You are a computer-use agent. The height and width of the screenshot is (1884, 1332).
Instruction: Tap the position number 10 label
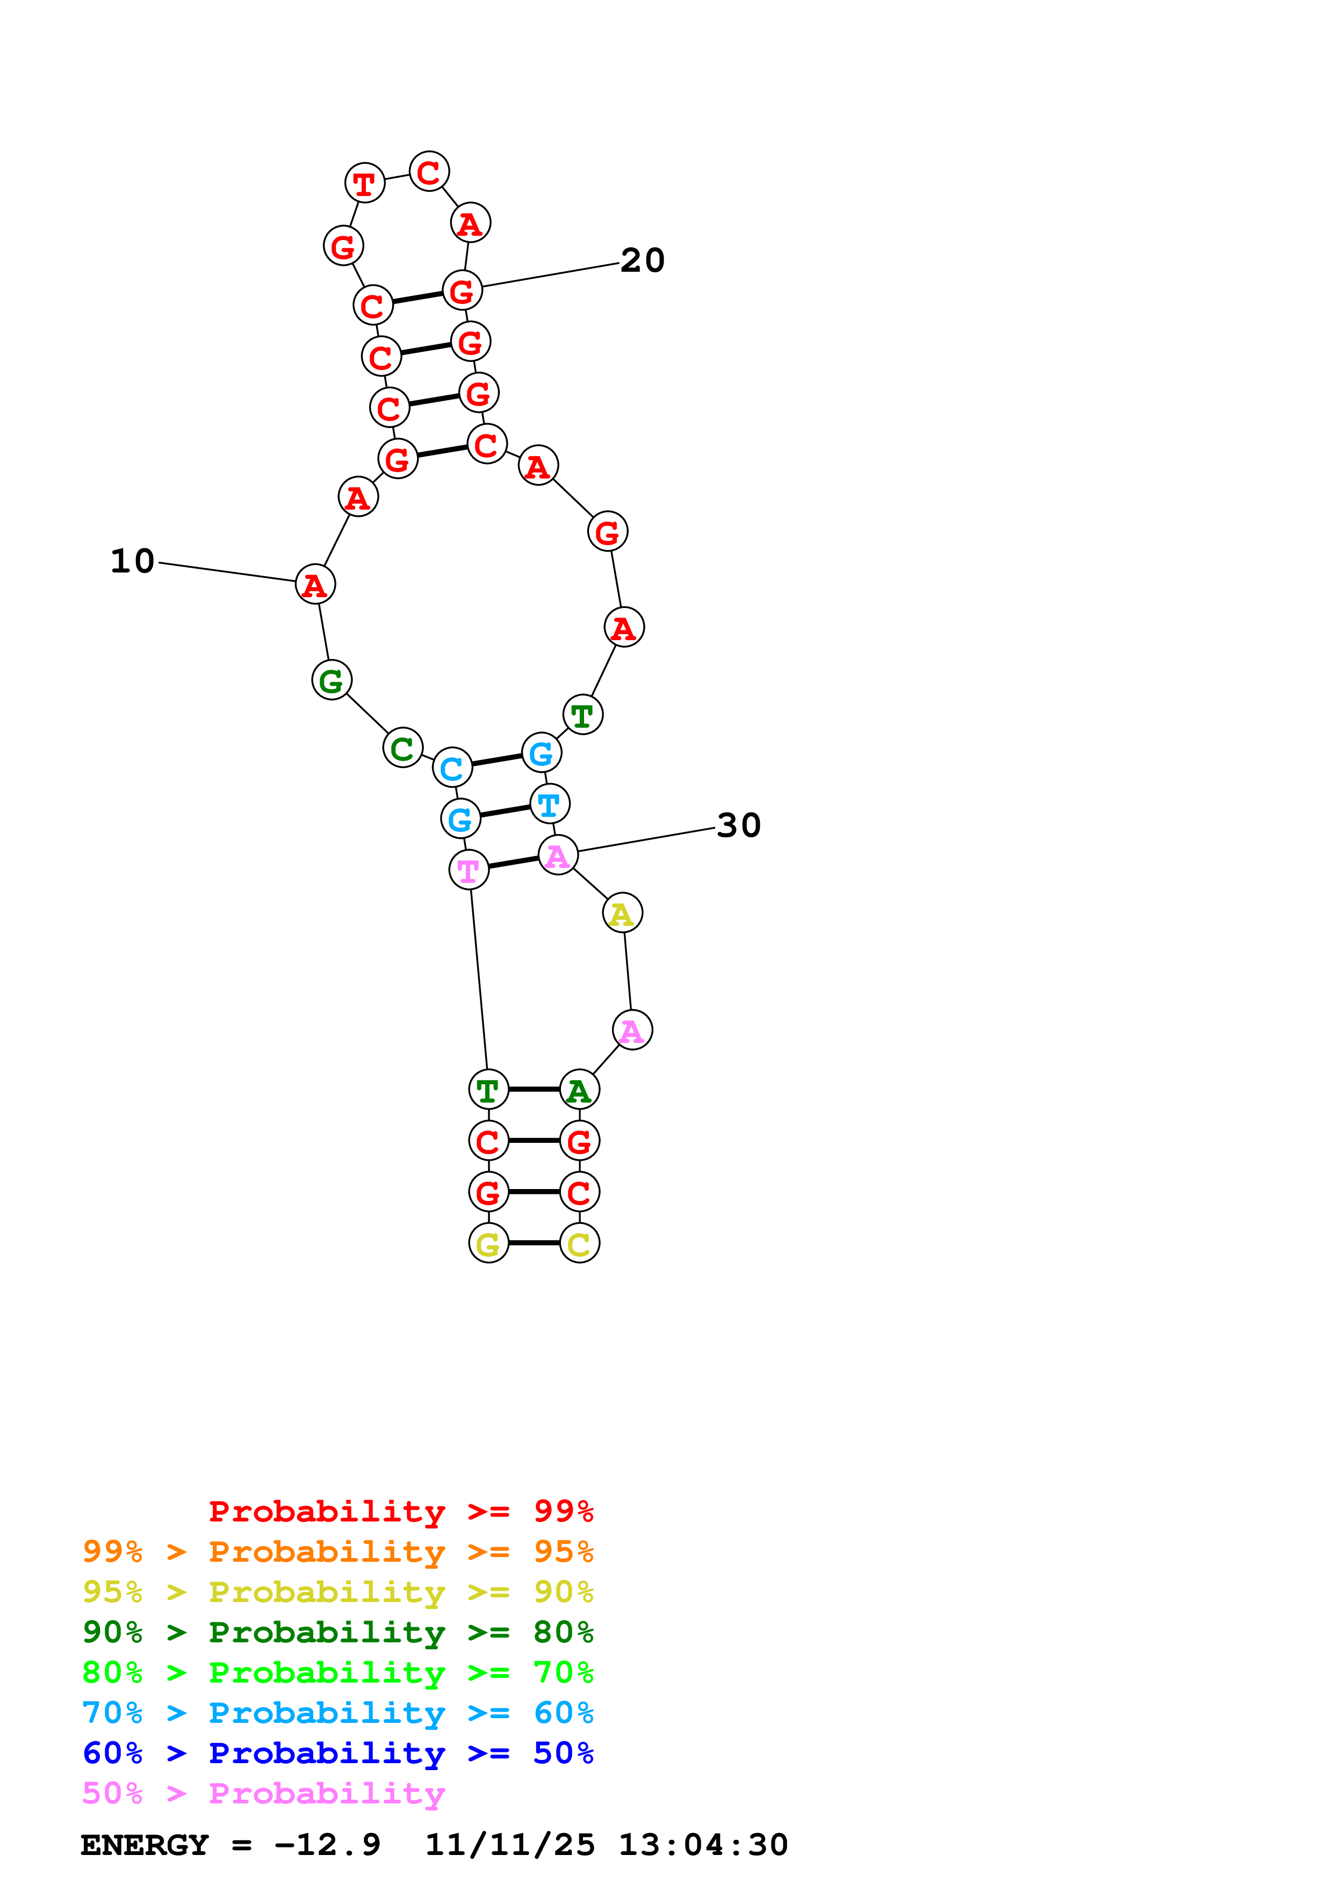[x=132, y=561]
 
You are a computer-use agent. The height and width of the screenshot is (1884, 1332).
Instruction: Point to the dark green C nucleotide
[x=402, y=748]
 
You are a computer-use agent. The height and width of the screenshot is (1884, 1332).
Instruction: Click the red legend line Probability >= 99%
[x=400, y=1511]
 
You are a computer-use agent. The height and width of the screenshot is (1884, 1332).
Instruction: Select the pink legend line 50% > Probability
[x=263, y=1793]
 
